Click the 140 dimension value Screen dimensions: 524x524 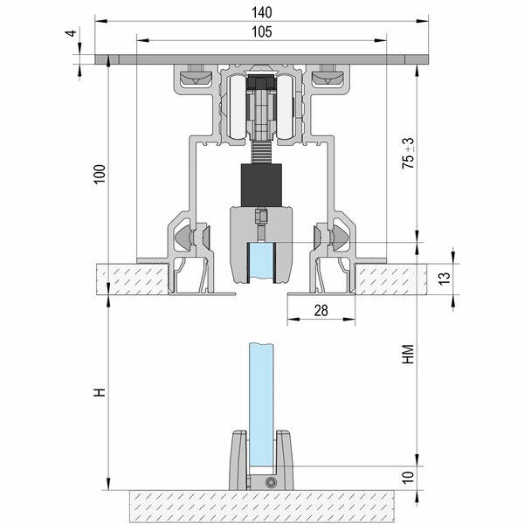click(x=262, y=13)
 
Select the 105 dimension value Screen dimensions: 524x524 click(x=262, y=32)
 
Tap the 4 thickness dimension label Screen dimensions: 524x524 click(x=71, y=33)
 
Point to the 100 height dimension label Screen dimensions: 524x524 click(x=100, y=174)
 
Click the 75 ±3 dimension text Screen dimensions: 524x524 click(x=409, y=153)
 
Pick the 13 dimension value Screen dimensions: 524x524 click(x=445, y=278)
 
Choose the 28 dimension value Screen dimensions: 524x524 click(x=321, y=310)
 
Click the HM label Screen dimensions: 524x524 click(x=409, y=355)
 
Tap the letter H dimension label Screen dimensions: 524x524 click(x=100, y=392)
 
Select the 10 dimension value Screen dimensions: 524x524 click(x=409, y=478)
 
